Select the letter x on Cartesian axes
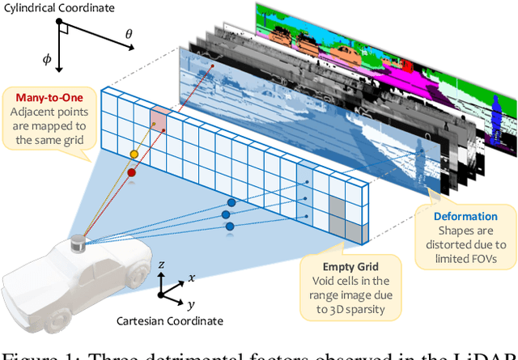click(191, 277)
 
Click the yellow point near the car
click(134, 155)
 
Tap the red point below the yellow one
click(130, 172)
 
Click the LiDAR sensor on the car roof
click(78, 243)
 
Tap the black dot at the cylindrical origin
click(59, 23)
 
